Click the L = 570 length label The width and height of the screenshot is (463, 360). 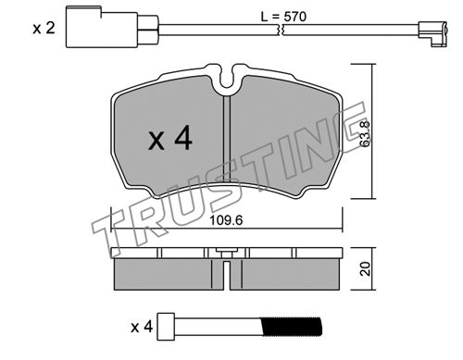click(x=283, y=17)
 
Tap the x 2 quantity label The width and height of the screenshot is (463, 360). click(x=44, y=29)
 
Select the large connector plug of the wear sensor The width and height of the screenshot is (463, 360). click(x=102, y=28)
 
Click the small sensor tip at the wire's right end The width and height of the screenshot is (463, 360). click(x=432, y=33)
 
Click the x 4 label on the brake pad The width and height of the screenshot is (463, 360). click(x=170, y=140)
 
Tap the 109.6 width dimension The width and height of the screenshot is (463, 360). click(x=226, y=220)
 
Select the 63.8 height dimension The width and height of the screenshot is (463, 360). click(x=365, y=133)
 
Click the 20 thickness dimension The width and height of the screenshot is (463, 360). click(x=365, y=268)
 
